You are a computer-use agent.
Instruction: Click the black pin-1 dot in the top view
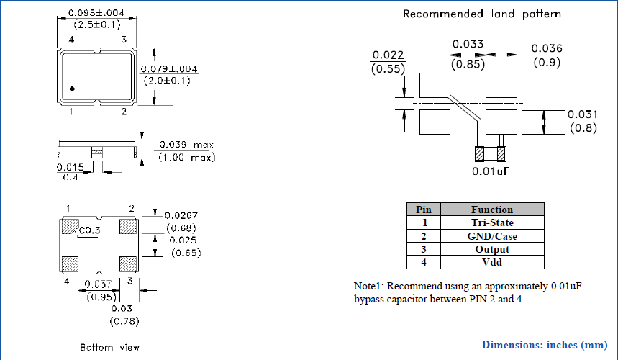[72, 89]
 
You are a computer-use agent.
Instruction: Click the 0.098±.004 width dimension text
[96, 13]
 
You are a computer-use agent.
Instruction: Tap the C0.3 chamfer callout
[90, 231]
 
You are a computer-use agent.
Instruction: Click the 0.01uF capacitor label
[491, 172]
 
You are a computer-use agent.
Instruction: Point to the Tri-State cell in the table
[491, 222]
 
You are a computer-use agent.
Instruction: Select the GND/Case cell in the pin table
[491, 235]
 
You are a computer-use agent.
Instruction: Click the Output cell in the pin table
[491, 249]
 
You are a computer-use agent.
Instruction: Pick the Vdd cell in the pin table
[491, 262]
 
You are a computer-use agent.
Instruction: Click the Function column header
[491, 210]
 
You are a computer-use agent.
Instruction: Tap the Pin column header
[424, 210]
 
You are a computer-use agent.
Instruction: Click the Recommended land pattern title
[481, 14]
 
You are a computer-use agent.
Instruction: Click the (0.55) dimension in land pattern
[388, 69]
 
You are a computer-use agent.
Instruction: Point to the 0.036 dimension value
[546, 49]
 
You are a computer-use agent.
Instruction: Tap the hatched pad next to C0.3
[69, 226]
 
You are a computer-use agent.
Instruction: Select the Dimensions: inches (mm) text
[545, 344]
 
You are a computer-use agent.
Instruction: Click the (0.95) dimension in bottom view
[101, 297]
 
